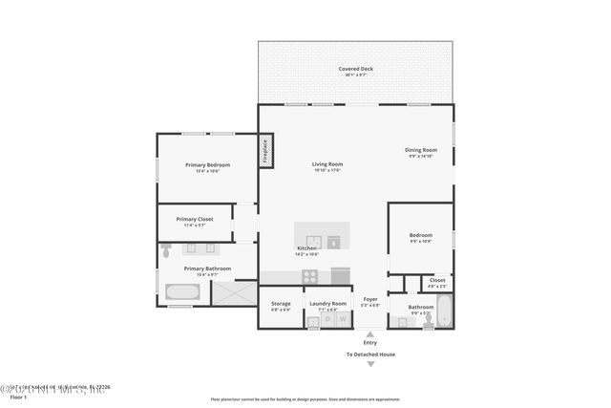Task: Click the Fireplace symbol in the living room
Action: click(x=267, y=152)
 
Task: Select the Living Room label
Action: click(x=327, y=166)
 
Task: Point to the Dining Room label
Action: click(x=421, y=152)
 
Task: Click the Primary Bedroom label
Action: click(x=207, y=167)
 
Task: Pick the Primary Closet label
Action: click(x=195, y=222)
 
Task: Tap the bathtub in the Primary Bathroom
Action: click(x=181, y=293)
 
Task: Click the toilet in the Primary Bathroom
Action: click(x=166, y=251)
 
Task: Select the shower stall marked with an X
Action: click(x=233, y=292)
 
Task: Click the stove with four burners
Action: click(x=311, y=276)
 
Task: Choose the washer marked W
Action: click(x=342, y=320)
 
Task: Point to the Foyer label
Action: click(x=370, y=301)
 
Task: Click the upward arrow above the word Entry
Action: click(x=370, y=334)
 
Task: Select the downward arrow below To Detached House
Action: click(x=370, y=364)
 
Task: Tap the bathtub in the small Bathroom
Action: click(x=445, y=312)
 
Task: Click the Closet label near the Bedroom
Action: click(x=436, y=282)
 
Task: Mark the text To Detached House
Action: click(x=370, y=354)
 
